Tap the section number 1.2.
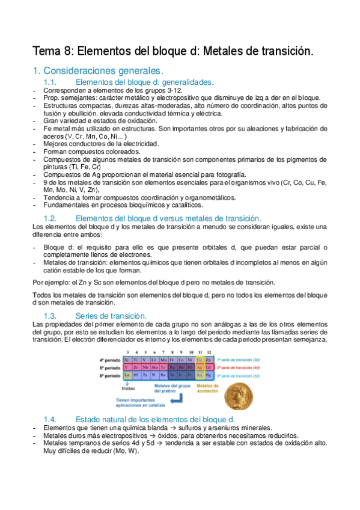tap(53, 217)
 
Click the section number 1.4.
tap(53, 419)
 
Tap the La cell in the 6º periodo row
tap(127, 376)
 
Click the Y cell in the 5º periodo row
tap(127, 367)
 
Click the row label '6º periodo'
tap(109, 376)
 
